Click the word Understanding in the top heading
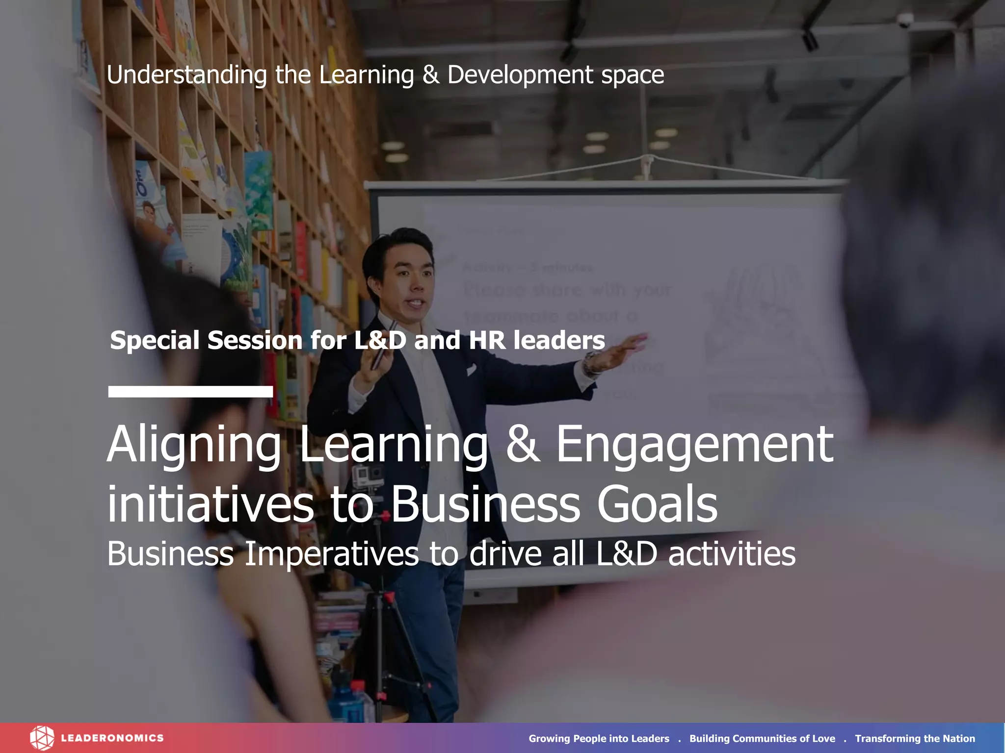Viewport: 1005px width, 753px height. point(186,75)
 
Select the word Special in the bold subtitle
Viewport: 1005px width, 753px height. point(155,340)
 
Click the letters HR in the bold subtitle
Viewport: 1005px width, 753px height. point(487,340)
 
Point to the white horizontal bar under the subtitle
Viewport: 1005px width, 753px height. point(190,391)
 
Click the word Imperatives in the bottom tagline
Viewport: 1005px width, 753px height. point(331,554)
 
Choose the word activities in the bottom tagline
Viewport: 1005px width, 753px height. point(731,554)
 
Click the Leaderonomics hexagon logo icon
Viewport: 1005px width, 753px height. point(42,738)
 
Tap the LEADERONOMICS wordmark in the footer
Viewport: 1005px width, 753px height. point(112,738)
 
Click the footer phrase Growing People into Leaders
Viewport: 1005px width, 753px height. point(599,738)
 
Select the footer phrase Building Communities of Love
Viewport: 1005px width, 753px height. point(762,738)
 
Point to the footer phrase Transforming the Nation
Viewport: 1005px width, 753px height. point(915,738)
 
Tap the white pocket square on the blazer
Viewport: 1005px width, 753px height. point(471,369)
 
